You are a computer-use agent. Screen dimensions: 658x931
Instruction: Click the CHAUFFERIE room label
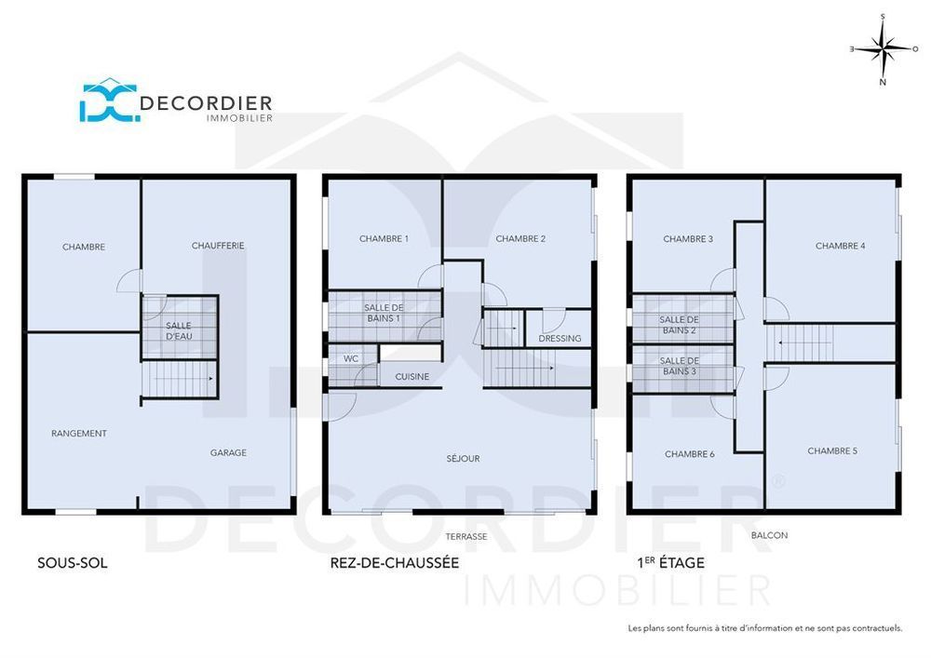[218, 246]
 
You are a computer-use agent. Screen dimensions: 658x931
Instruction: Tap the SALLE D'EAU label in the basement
[179, 330]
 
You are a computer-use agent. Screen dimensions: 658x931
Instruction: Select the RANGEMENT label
[78, 434]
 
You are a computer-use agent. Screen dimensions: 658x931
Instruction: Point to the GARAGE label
[228, 453]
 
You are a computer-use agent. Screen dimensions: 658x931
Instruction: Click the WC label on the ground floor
[351, 358]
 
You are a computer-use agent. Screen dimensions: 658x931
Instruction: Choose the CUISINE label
[412, 377]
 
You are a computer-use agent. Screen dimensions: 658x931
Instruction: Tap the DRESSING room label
[560, 339]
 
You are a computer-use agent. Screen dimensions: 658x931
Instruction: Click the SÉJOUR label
[463, 459]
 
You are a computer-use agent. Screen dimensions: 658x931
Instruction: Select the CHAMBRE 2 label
[520, 239]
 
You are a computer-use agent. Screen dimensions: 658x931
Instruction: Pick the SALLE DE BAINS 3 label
[680, 366]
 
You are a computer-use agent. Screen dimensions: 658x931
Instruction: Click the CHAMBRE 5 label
[832, 451]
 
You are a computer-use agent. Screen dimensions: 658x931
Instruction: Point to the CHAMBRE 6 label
[690, 454]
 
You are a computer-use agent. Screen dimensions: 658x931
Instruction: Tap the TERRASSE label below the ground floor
[465, 537]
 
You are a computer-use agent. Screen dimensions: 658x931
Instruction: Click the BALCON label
[769, 535]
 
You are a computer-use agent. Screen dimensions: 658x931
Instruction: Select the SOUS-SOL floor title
[72, 563]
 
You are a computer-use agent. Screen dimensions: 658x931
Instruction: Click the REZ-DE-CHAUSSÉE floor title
[395, 563]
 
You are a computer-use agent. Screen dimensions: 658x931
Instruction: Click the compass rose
[883, 48]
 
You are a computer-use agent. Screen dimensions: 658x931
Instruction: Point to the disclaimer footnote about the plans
[765, 628]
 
